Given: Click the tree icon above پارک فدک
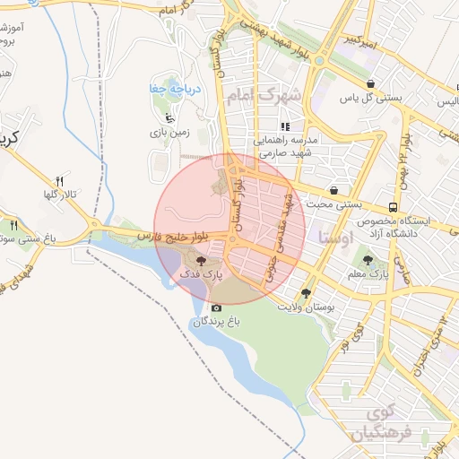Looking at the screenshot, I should [x=199, y=258].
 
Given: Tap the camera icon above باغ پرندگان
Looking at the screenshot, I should [x=215, y=307].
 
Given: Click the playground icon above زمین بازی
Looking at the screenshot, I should [x=170, y=117].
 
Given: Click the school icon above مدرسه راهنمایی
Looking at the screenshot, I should [x=285, y=126].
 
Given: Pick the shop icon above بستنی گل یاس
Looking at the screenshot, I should [x=370, y=83].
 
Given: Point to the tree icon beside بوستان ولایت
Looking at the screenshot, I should [x=307, y=293].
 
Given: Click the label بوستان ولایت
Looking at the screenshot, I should [x=306, y=307].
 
